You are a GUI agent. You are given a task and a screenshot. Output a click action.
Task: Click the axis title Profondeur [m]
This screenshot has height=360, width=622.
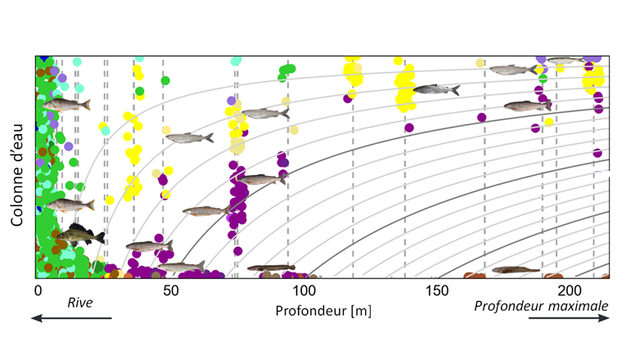pos(311,310)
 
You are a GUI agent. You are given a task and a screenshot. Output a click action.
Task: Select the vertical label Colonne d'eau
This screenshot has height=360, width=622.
pos(17,168)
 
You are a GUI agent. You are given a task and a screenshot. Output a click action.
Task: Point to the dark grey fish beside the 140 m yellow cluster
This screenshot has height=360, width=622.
pos(435,89)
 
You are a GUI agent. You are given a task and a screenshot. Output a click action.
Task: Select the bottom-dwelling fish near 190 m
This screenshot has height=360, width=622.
pos(515,269)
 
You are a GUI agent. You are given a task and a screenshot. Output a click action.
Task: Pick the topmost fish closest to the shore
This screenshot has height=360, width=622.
pos(65,105)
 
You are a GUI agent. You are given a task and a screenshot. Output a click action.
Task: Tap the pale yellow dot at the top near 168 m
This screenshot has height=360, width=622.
pos(480,63)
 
